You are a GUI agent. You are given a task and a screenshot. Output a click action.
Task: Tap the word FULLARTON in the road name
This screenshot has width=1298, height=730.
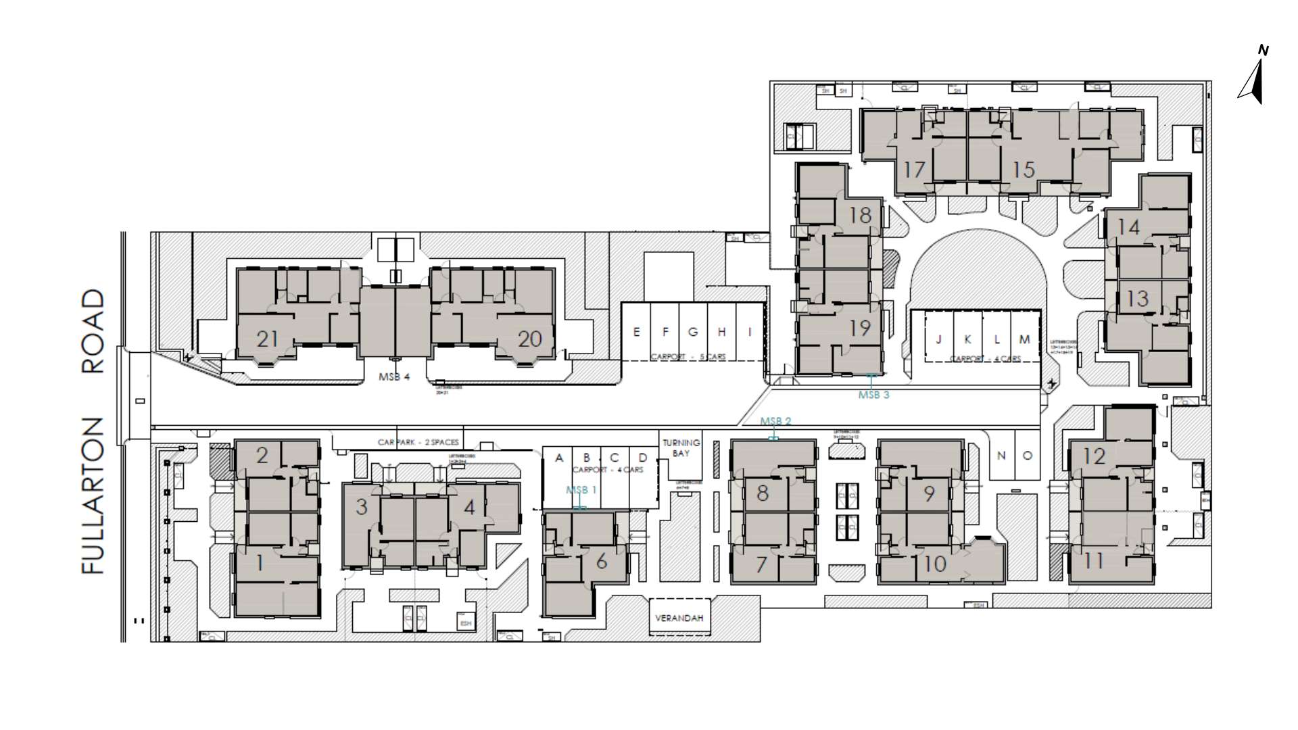[x=94, y=495]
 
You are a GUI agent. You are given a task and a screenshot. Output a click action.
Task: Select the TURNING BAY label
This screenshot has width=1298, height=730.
[x=681, y=447]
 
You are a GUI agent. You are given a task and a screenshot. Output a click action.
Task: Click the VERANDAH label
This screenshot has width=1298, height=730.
[x=679, y=618]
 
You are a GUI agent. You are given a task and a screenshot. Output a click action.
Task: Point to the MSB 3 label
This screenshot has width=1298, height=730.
[x=873, y=395]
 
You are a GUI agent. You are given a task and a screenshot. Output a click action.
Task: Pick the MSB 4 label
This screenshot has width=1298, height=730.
[x=393, y=376]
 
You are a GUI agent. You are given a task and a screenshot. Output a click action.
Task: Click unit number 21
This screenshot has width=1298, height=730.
[x=267, y=338]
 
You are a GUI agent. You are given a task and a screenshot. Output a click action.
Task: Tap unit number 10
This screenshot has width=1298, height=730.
[x=934, y=563]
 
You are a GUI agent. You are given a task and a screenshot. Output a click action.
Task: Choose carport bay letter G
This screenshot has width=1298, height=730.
[x=693, y=332]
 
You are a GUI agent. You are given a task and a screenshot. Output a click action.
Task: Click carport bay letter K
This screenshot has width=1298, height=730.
[x=967, y=339]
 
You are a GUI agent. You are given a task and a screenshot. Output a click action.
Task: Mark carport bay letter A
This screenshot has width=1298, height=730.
[x=559, y=458]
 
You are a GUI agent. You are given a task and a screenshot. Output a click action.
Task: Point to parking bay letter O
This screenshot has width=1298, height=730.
[x=1027, y=456]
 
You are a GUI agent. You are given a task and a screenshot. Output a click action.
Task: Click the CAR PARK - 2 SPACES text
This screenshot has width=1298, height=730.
[x=418, y=442]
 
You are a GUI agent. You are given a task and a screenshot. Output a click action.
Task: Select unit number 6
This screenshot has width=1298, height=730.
[x=601, y=561]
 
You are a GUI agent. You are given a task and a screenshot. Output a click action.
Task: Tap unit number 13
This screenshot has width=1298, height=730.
[x=1138, y=297]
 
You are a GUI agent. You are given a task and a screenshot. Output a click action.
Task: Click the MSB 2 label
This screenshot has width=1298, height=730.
[x=775, y=421]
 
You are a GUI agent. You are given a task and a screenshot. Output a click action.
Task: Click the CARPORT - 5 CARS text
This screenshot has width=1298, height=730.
[x=688, y=356]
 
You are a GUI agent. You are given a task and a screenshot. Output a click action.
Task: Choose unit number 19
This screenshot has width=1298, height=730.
[x=860, y=328]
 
